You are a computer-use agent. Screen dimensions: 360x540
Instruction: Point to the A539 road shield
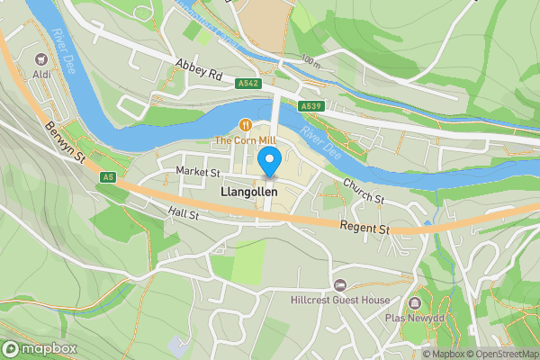pos(311,106)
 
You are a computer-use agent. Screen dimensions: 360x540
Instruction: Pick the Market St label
pos(198,171)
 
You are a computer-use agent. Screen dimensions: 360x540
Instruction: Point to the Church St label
pos(363,190)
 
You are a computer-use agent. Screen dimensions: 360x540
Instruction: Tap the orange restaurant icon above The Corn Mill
pos(244,124)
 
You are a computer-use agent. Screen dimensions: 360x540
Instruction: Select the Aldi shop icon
pos(40,56)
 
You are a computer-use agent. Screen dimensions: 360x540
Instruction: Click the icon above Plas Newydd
pos(415,302)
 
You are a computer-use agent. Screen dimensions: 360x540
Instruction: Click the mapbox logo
pos(40,348)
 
